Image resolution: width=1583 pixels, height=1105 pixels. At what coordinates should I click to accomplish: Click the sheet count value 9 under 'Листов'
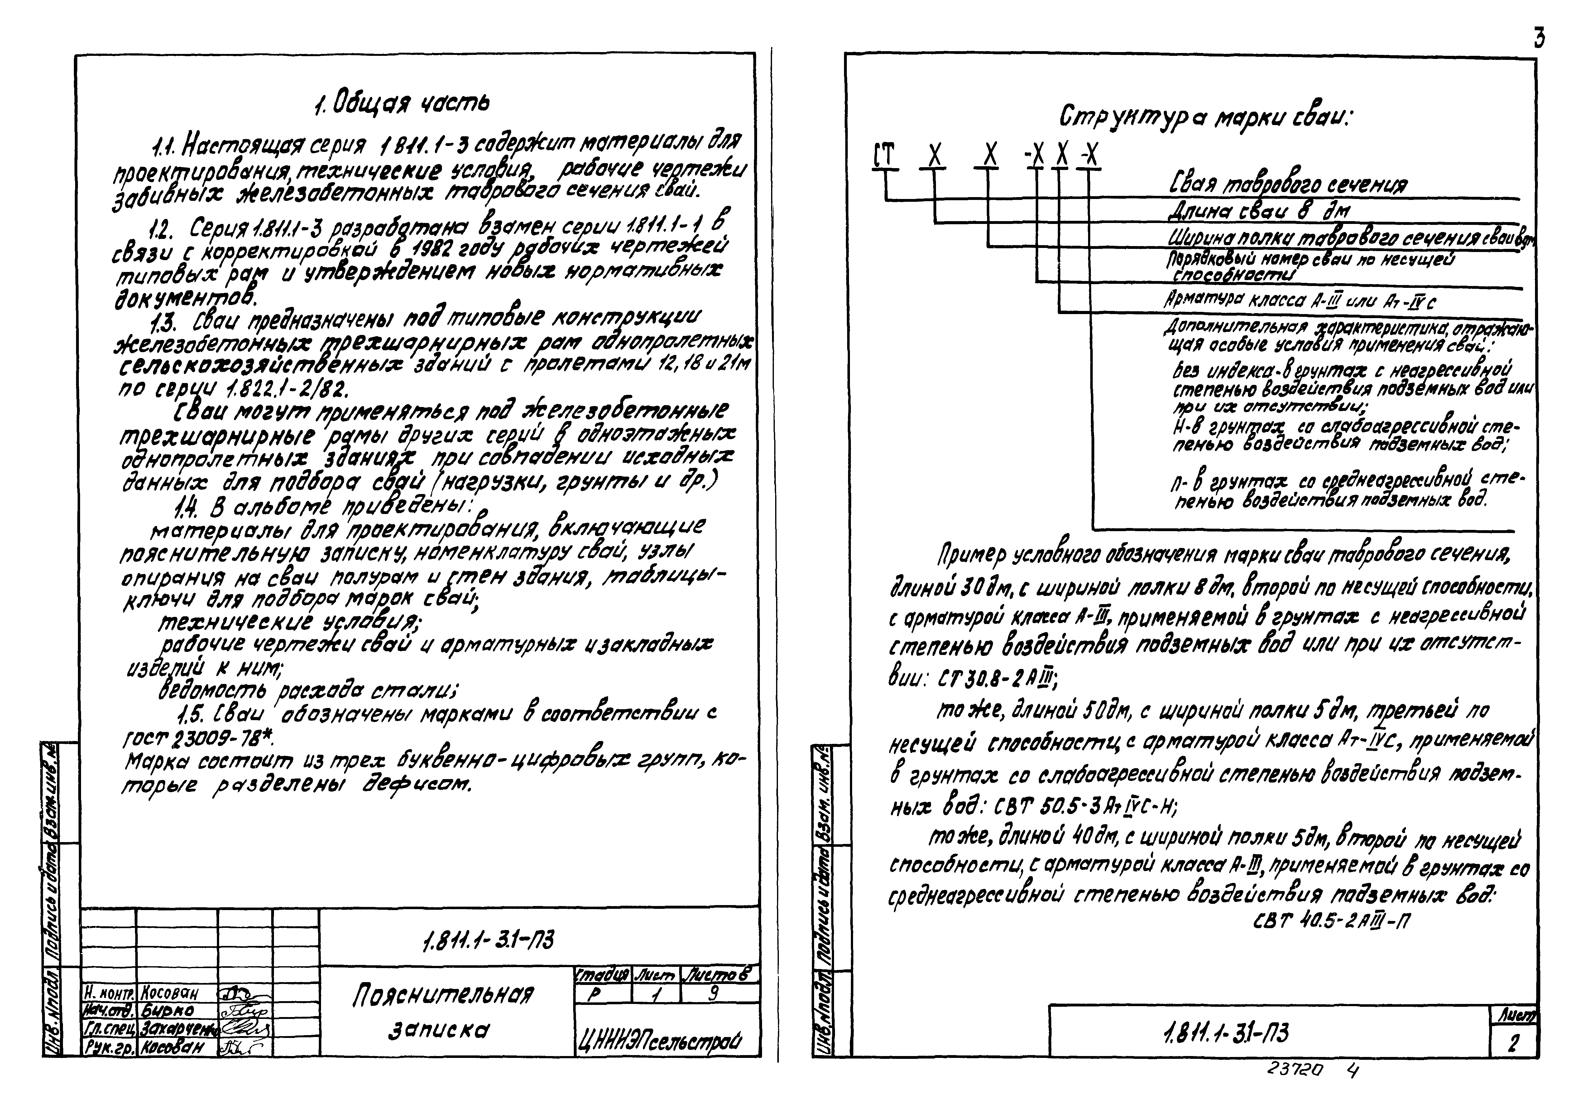[714, 993]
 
